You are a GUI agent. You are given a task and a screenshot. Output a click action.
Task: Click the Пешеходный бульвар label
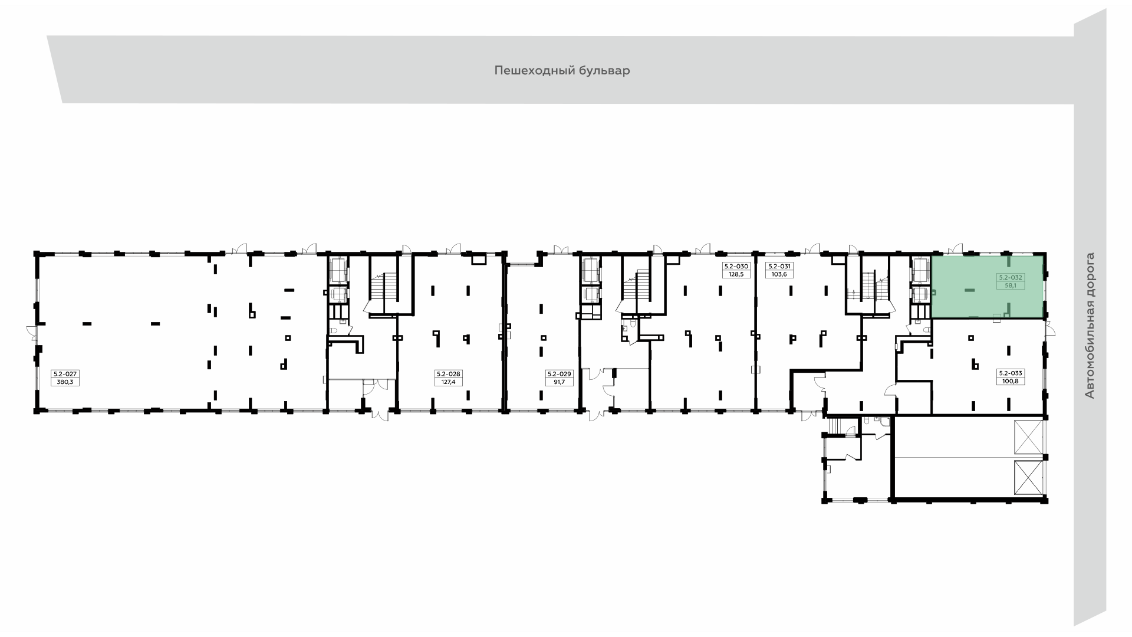pyautogui.click(x=562, y=71)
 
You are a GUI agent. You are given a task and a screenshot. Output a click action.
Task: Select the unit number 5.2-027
pyautogui.click(x=65, y=374)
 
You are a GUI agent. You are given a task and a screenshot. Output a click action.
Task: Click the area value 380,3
pyautogui.click(x=65, y=382)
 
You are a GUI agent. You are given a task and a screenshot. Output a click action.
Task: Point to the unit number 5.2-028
pyautogui.click(x=449, y=374)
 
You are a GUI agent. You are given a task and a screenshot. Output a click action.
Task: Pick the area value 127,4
pyautogui.click(x=449, y=382)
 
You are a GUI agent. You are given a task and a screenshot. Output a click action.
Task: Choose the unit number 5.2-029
pyautogui.click(x=560, y=374)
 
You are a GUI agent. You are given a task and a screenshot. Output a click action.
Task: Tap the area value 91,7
pyautogui.click(x=560, y=382)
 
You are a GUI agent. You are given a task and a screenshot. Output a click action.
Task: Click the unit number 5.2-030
pyautogui.click(x=736, y=267)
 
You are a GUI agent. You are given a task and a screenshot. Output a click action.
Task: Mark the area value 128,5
pyautogui.click(x=736, y=274)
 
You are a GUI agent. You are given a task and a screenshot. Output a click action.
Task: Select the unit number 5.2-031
pyautogui.click(x=779, y=267)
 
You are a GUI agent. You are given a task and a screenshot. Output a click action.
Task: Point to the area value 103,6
pyautogui.click(x=779, y=274)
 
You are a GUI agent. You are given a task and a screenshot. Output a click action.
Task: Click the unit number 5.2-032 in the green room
pyautogui.click(x=1011, y=277)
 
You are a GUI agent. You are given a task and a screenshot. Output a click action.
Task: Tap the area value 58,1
pyautogui.click(x=1011, y=285)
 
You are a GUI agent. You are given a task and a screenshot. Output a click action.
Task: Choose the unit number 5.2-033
pyautogui.click(x=1011, y=373)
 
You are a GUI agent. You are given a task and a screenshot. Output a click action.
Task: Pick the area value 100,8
pyautogui.click(x=1011, y=381)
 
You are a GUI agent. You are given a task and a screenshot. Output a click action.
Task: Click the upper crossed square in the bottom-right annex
pyautogui.click(x=1028, y=438)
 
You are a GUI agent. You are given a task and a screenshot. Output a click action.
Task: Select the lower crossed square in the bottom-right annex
pyautogui.click(x=1028, y=477)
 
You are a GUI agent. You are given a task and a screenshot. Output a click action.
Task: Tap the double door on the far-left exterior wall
pyautogui.click(x=32, y=334)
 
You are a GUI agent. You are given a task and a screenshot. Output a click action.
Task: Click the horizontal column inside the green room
pyautogui.click(x=969, y=290)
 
